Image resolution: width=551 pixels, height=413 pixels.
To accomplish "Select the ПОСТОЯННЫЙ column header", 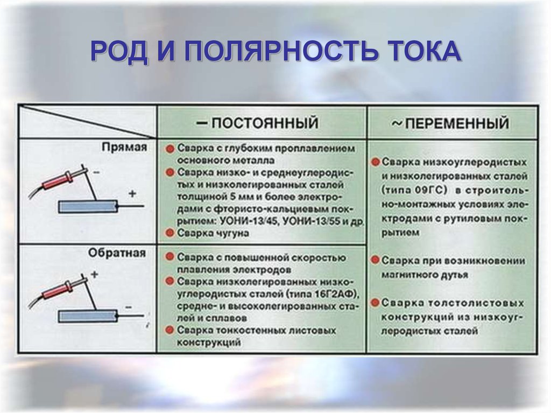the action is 258,123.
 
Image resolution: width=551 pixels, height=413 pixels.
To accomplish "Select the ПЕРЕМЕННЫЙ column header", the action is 450,123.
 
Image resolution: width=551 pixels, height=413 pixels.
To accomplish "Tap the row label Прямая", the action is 124,146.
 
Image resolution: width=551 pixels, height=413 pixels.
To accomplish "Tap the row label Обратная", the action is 117,253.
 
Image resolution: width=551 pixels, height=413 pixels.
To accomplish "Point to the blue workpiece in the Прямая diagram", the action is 88,206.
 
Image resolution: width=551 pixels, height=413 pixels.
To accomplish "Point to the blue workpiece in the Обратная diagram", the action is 88,316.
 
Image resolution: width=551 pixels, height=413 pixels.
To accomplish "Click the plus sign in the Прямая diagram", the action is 132,193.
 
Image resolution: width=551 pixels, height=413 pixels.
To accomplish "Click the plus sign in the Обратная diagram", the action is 95,275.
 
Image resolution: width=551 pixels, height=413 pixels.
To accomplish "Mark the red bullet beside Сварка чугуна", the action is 169,233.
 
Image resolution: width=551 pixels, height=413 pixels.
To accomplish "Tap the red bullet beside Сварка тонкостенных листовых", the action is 169,330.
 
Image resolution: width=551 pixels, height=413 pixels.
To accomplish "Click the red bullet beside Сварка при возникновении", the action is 375,260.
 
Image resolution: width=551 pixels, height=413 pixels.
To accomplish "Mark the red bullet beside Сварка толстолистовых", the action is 375,303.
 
